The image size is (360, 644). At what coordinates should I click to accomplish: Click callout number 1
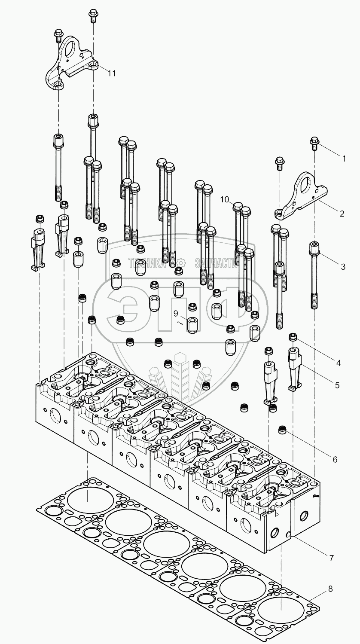click(x=343, y=159)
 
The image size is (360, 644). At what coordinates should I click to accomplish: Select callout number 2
click(x=342, y=214)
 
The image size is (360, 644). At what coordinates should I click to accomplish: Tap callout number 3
click(x=343, y=267)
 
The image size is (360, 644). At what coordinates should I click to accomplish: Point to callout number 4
click(x=339, y=363)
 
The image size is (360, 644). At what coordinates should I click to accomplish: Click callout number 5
click(x=337, y=385)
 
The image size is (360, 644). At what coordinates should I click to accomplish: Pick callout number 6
click(x=335, y=459)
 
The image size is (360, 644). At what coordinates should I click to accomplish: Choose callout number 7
click(x=331, y=558)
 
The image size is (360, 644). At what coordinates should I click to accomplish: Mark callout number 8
click(x=330, y=589)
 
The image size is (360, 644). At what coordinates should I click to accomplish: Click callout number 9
click(x=176, y=313)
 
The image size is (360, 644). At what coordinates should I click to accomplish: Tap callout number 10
click(x=225, y=199)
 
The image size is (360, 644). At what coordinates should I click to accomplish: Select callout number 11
click(x=111, y=73)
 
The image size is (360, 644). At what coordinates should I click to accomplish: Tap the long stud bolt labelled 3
click(x=314, y=275)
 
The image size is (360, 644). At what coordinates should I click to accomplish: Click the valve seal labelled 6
click(x=282, y=430)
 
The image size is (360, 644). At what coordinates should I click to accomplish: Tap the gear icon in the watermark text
click(x=180, y=262)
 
